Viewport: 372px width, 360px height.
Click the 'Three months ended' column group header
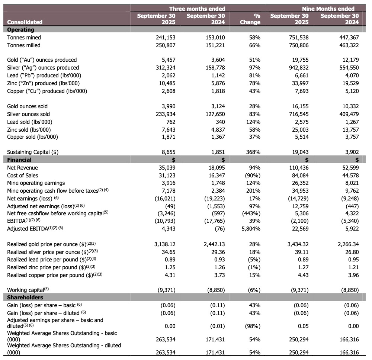197,9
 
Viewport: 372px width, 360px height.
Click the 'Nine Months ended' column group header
328,9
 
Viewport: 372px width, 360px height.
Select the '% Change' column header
250,19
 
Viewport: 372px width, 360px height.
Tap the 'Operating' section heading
20,30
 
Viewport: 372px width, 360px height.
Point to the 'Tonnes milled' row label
24,45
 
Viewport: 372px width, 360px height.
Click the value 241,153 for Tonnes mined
166,38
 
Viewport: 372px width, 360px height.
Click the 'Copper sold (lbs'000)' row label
32,137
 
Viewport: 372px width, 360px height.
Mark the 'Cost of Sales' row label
22,176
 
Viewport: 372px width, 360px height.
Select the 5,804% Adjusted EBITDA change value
250,228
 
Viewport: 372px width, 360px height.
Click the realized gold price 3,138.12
165,244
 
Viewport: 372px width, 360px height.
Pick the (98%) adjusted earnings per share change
252,326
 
